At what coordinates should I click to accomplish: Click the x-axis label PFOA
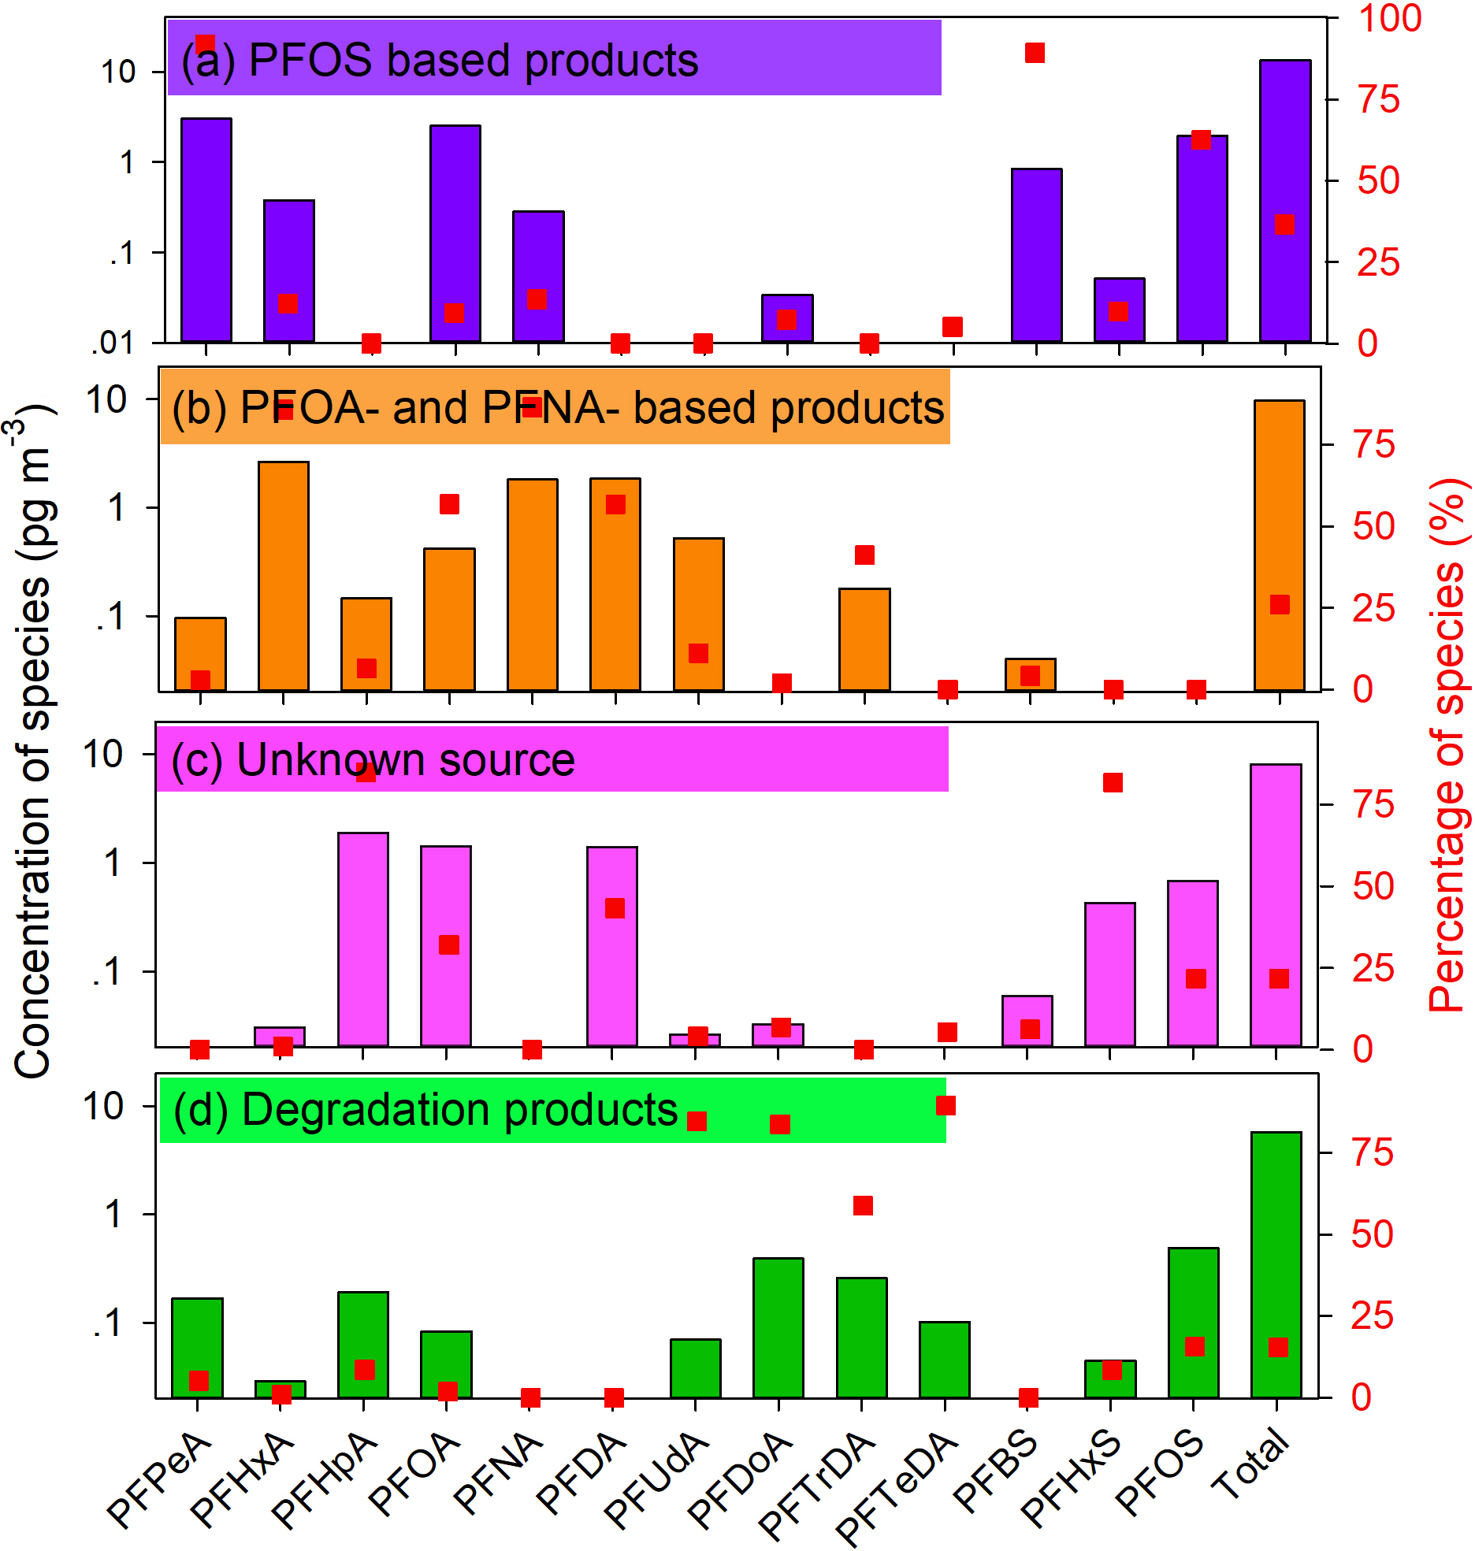[414, 1473]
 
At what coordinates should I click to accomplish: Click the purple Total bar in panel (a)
[1285, 201]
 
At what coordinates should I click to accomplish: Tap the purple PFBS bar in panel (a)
[1036, 255]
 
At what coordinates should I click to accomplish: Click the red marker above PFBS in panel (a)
[1035, 53]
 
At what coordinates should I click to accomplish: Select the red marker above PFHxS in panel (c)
[1113, 782]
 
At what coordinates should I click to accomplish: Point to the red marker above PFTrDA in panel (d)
[863, 1206]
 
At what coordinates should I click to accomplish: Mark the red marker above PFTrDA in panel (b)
[864, 555]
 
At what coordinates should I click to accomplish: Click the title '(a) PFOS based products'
[440, 60]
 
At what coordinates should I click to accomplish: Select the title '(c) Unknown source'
[373, 760]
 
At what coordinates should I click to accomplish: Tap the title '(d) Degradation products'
[425, 1110]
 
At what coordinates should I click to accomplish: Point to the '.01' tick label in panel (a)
[113, 343]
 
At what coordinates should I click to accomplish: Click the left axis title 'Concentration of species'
[33, 740]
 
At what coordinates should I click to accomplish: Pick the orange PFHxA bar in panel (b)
[284, 576]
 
